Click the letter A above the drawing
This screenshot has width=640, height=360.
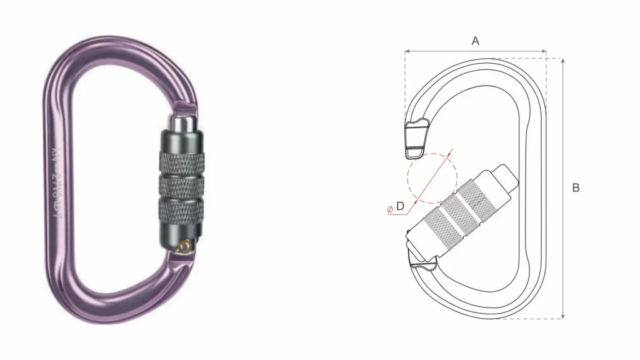(475, 41)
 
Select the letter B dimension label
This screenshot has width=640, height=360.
(576, 187)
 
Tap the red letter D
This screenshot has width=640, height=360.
(400, 206)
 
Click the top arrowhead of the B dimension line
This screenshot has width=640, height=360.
(563, 61)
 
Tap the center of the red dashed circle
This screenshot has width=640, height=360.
(432, 177)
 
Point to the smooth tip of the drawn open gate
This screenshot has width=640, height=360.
(507, 177)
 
